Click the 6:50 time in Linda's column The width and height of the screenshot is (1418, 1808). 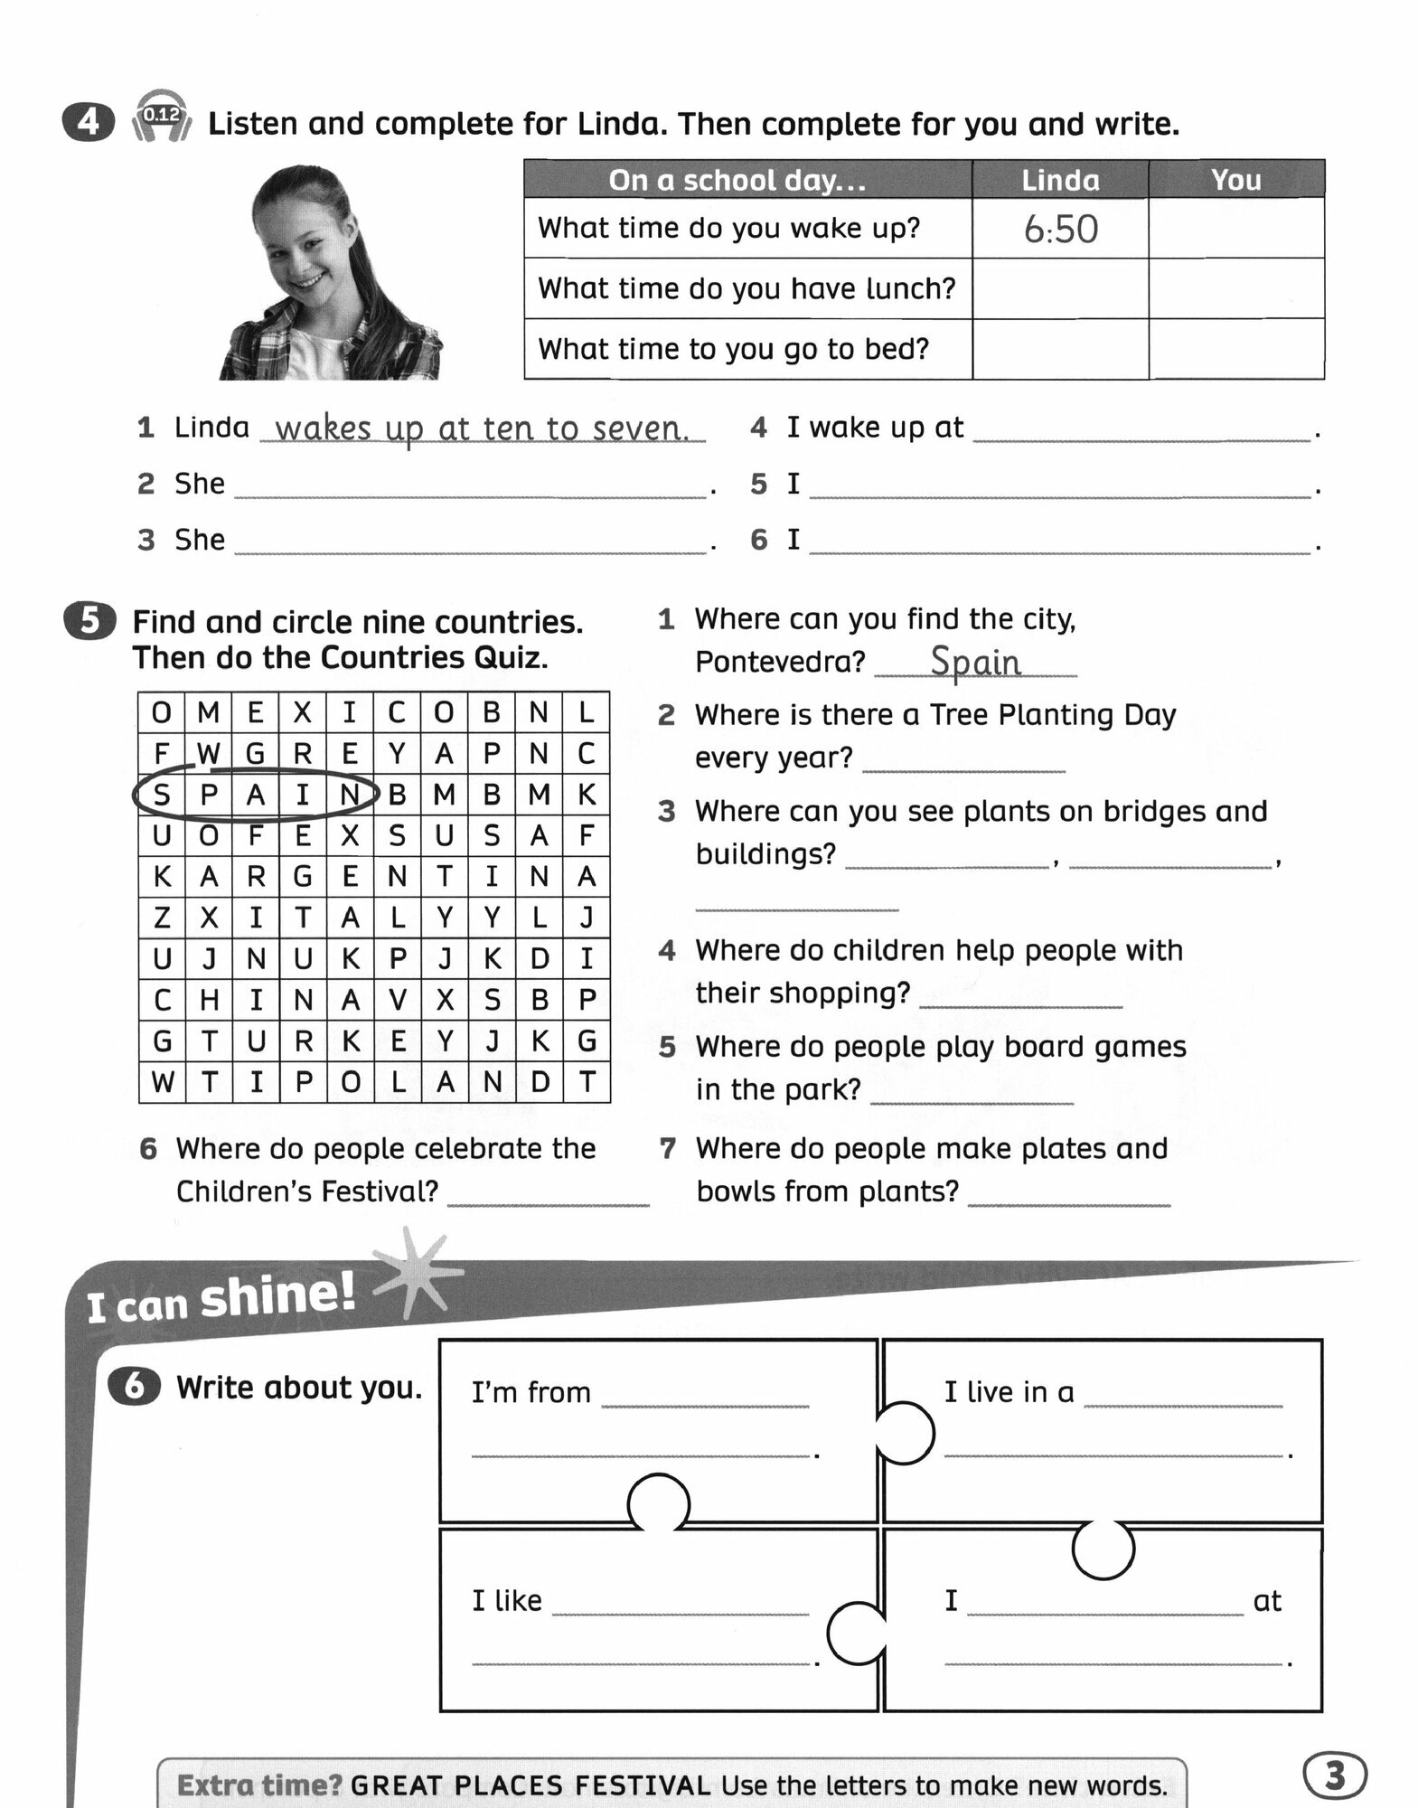click(x=1060, y=229)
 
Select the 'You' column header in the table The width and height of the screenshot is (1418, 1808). click(x=1235, y=180)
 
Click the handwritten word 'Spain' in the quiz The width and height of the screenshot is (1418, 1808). click(x=975, y=662)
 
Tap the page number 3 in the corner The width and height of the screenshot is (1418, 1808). click(x=1335, y=1776)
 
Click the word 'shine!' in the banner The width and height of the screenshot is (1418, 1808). click(x=277, y=1295)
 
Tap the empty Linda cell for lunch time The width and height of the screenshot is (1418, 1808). click(x=1060, y=288)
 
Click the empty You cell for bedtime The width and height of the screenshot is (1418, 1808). click(x=1235, y=349)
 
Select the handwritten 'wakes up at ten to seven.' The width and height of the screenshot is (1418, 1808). click(x=482, y=428)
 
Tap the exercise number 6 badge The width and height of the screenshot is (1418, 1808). click(x=134, y=1387)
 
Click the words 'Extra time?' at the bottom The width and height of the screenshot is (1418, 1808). click(x=259, y=1785)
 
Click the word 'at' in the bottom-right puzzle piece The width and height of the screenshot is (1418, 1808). click(x=1267, y=1601)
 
